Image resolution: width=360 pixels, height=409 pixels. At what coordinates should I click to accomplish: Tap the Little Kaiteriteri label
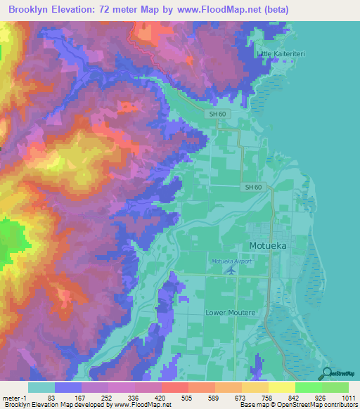coord(283,53)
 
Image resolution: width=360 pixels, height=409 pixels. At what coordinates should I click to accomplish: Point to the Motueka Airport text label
coord(231,261)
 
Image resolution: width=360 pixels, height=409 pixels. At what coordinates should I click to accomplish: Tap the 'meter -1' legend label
coord(14,398)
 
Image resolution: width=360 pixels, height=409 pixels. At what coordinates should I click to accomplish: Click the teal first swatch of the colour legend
coord(41,387)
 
